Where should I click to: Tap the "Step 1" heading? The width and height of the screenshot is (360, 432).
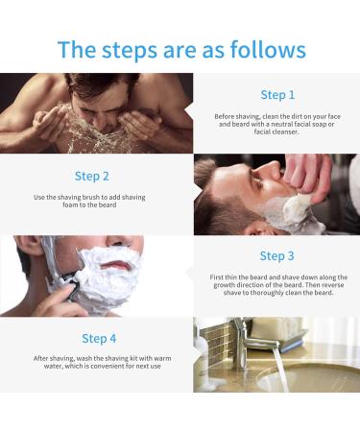click(277, 95)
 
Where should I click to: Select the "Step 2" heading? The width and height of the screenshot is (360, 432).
click(91, 176)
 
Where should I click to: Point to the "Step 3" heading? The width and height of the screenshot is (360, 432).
click(277, 256)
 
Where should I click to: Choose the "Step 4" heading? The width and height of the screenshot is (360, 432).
click(98, 338)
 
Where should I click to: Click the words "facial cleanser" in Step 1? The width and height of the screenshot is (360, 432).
click(277, 132)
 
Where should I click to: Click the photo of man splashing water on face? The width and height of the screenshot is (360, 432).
click(96, 113)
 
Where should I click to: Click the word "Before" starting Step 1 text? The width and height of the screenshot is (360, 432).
click(226, 117)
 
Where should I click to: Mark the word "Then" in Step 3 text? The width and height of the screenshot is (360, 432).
click(306, 285)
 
